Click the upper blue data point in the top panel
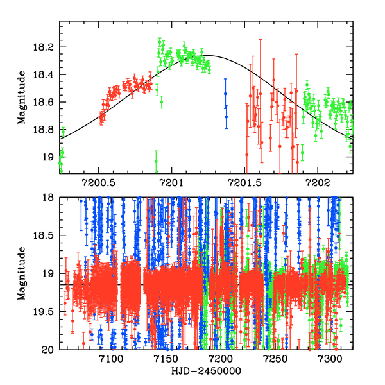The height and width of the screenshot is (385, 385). [225, 94]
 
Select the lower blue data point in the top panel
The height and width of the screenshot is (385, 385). [226, 116]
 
